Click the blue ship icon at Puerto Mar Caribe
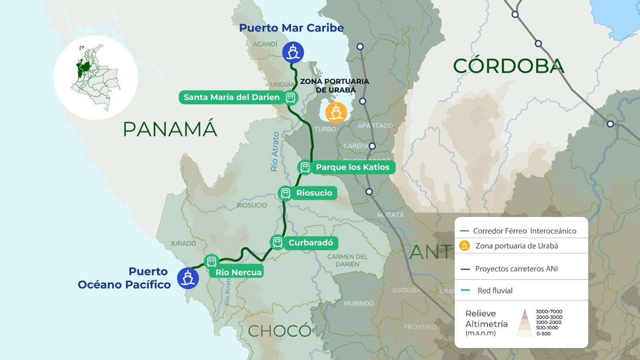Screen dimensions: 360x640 (293, 52)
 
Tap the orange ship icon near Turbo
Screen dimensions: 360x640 (336, 112)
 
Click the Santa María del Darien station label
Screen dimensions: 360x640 (232, 97)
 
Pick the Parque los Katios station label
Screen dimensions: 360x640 (352, 167)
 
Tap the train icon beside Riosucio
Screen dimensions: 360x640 (285, 193)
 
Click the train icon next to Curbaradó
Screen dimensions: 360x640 (277, 242)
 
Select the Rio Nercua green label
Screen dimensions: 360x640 (238, 272)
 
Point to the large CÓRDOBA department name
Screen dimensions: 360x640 (508, 66)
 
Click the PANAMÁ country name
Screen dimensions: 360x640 (170, 129)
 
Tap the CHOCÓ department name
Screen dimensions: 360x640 (279, 331)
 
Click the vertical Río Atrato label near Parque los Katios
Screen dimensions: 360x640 (275, 152)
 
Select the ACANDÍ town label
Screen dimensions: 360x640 (265, 44)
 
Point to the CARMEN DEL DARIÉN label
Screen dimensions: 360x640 (347, 260)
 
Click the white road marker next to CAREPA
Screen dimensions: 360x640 (372, 146)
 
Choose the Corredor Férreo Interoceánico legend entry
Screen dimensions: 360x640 (524, 231)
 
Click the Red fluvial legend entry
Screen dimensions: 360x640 (495, 291)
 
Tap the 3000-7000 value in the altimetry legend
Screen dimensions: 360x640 (549, 312)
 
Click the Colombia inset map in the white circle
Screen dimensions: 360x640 (96, 77)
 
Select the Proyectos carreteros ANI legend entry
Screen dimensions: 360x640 (516, 269)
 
